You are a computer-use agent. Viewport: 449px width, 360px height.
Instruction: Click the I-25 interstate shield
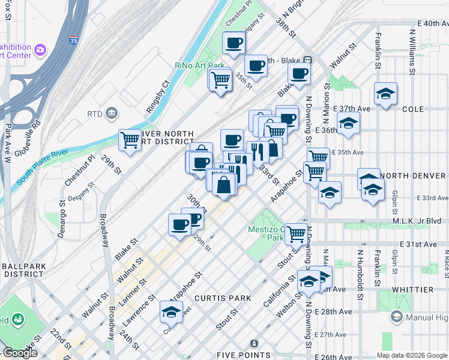[x=72, y=41]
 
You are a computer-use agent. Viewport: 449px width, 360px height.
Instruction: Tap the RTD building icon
[x=111, y=113]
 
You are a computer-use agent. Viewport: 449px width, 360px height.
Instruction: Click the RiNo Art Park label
[x=199, y=65]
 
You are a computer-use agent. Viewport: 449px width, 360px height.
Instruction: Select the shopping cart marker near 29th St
[x=130, y=141]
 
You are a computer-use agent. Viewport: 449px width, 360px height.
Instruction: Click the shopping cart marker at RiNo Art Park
[x=221, y=79]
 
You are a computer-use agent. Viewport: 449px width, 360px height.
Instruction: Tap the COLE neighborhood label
[x=413, y=109]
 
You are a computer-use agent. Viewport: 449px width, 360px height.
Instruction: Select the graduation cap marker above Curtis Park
[x=171, y=312]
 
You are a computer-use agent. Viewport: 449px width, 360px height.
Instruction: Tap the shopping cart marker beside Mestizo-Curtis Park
[x=296, y=234]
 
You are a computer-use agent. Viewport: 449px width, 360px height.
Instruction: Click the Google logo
[x=19, y=353]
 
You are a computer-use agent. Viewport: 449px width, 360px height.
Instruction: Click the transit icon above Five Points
[x=254, y=343]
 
